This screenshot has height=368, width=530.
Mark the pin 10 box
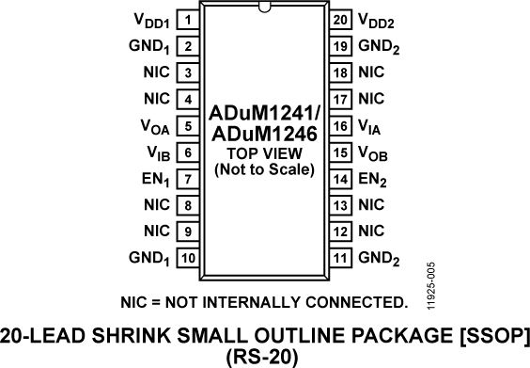(189, 257)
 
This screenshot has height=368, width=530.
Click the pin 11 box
(341, 257)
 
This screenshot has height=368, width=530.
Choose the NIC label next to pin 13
(372, 204)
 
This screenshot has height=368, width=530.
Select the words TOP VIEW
(265, 155)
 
